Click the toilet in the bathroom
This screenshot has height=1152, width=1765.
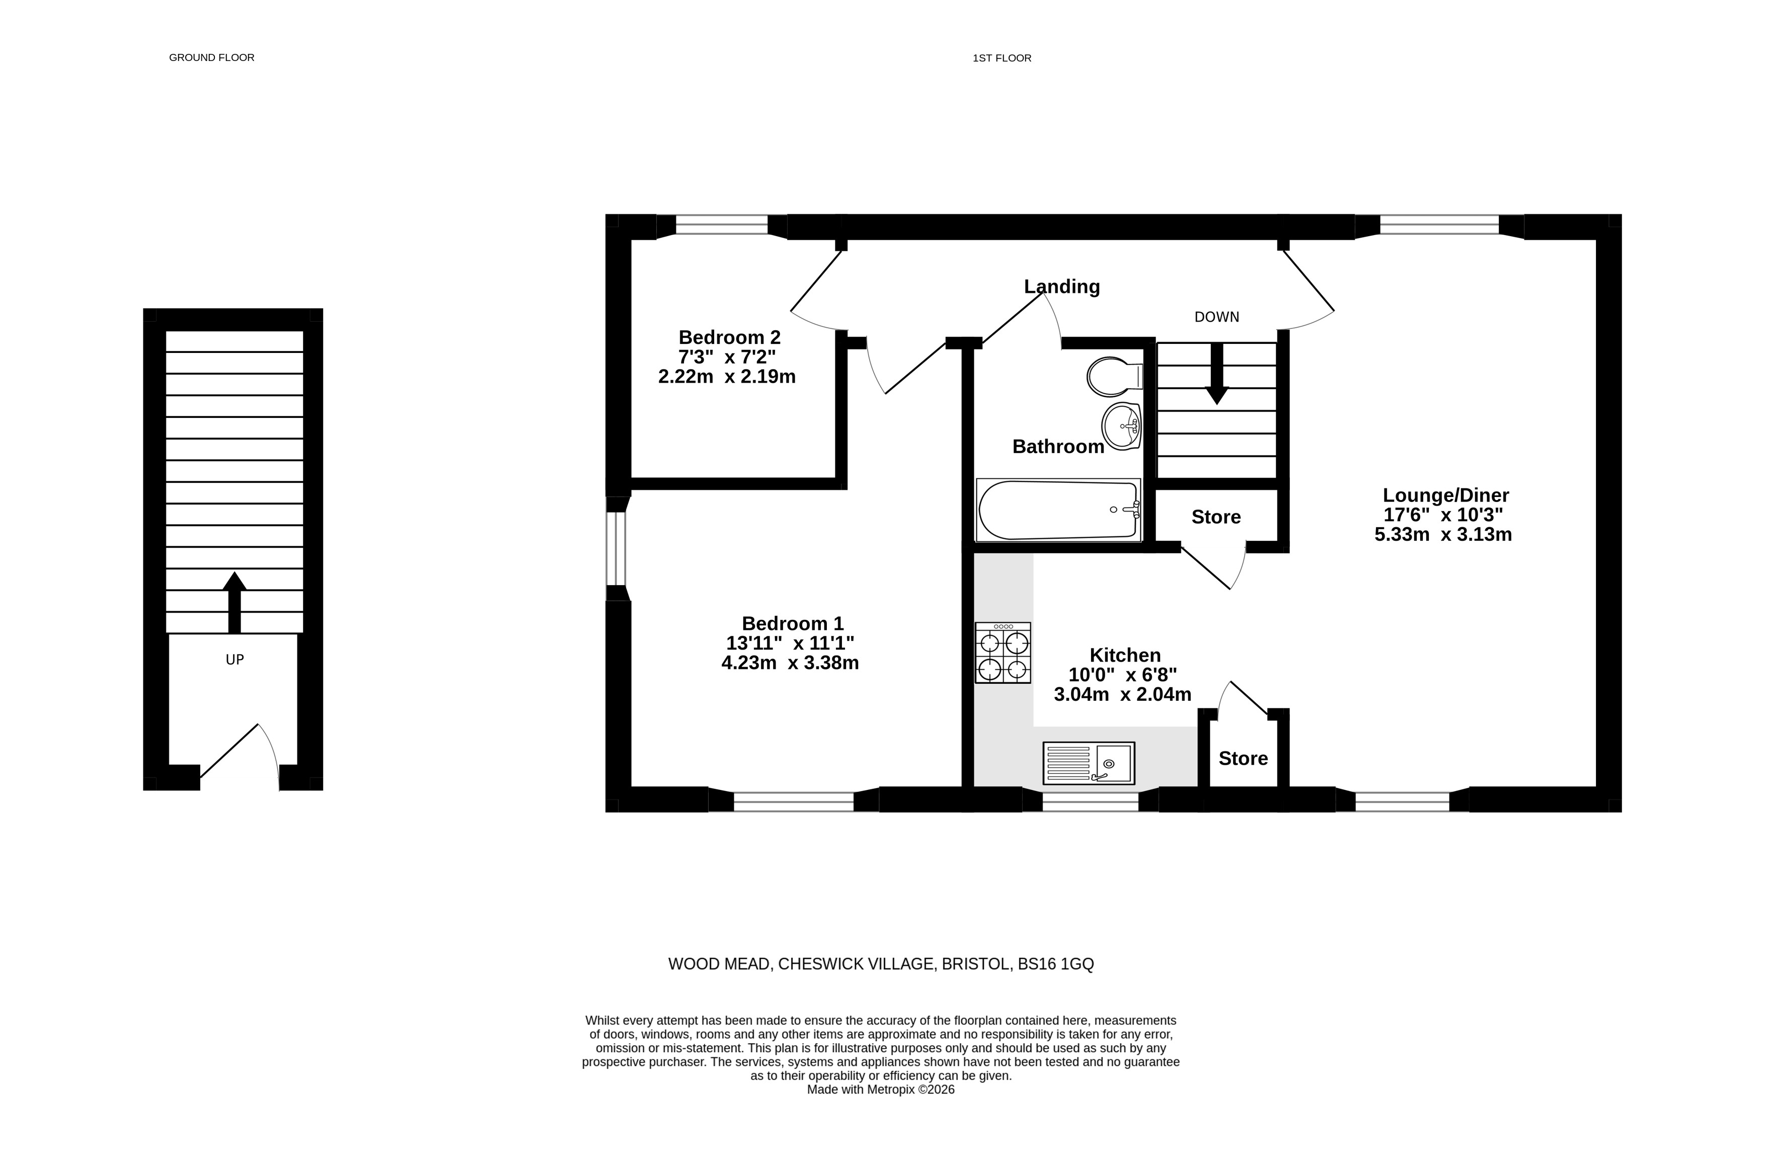coord(1115,377)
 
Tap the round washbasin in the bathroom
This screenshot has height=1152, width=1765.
coord(1121,426)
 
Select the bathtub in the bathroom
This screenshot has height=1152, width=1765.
coord(1058,510)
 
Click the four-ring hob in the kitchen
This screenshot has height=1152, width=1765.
coord(1003,653)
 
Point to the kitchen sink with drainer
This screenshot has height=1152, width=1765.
coord(1089,763)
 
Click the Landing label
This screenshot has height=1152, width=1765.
coord(1062,286)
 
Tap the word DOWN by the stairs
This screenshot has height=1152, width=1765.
coord(1216,317)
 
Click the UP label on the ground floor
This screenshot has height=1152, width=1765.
coord(235,660)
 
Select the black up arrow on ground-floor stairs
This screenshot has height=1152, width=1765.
coord(235,602)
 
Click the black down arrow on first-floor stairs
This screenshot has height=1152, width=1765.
coord(1216,373)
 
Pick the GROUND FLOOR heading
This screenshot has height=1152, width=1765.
coord(211,57)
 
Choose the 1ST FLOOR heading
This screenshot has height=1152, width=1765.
coord(1002,58)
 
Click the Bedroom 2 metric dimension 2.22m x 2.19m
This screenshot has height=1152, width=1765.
coord(727,377)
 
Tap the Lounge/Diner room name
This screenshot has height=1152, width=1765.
coord(1446,495)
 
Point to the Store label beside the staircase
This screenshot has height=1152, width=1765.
coord(1216,517)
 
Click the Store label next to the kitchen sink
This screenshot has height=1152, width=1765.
coord(1243,758)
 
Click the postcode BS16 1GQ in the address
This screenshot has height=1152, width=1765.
coord(1055,964)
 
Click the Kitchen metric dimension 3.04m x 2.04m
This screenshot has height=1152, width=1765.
coord(1123,694)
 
